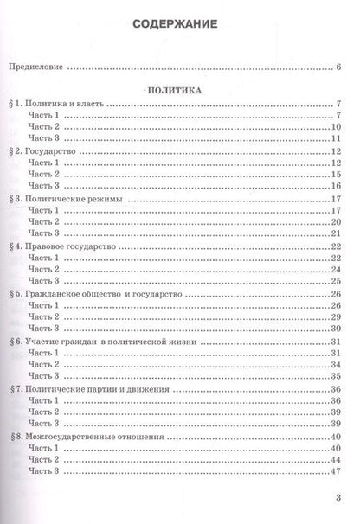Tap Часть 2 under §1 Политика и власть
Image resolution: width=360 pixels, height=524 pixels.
45,127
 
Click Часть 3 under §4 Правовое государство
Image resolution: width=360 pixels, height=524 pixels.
45,280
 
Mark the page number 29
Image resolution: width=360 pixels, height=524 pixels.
337,316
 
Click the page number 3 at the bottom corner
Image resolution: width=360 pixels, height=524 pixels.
339,498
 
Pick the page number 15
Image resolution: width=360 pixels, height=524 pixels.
337,174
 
